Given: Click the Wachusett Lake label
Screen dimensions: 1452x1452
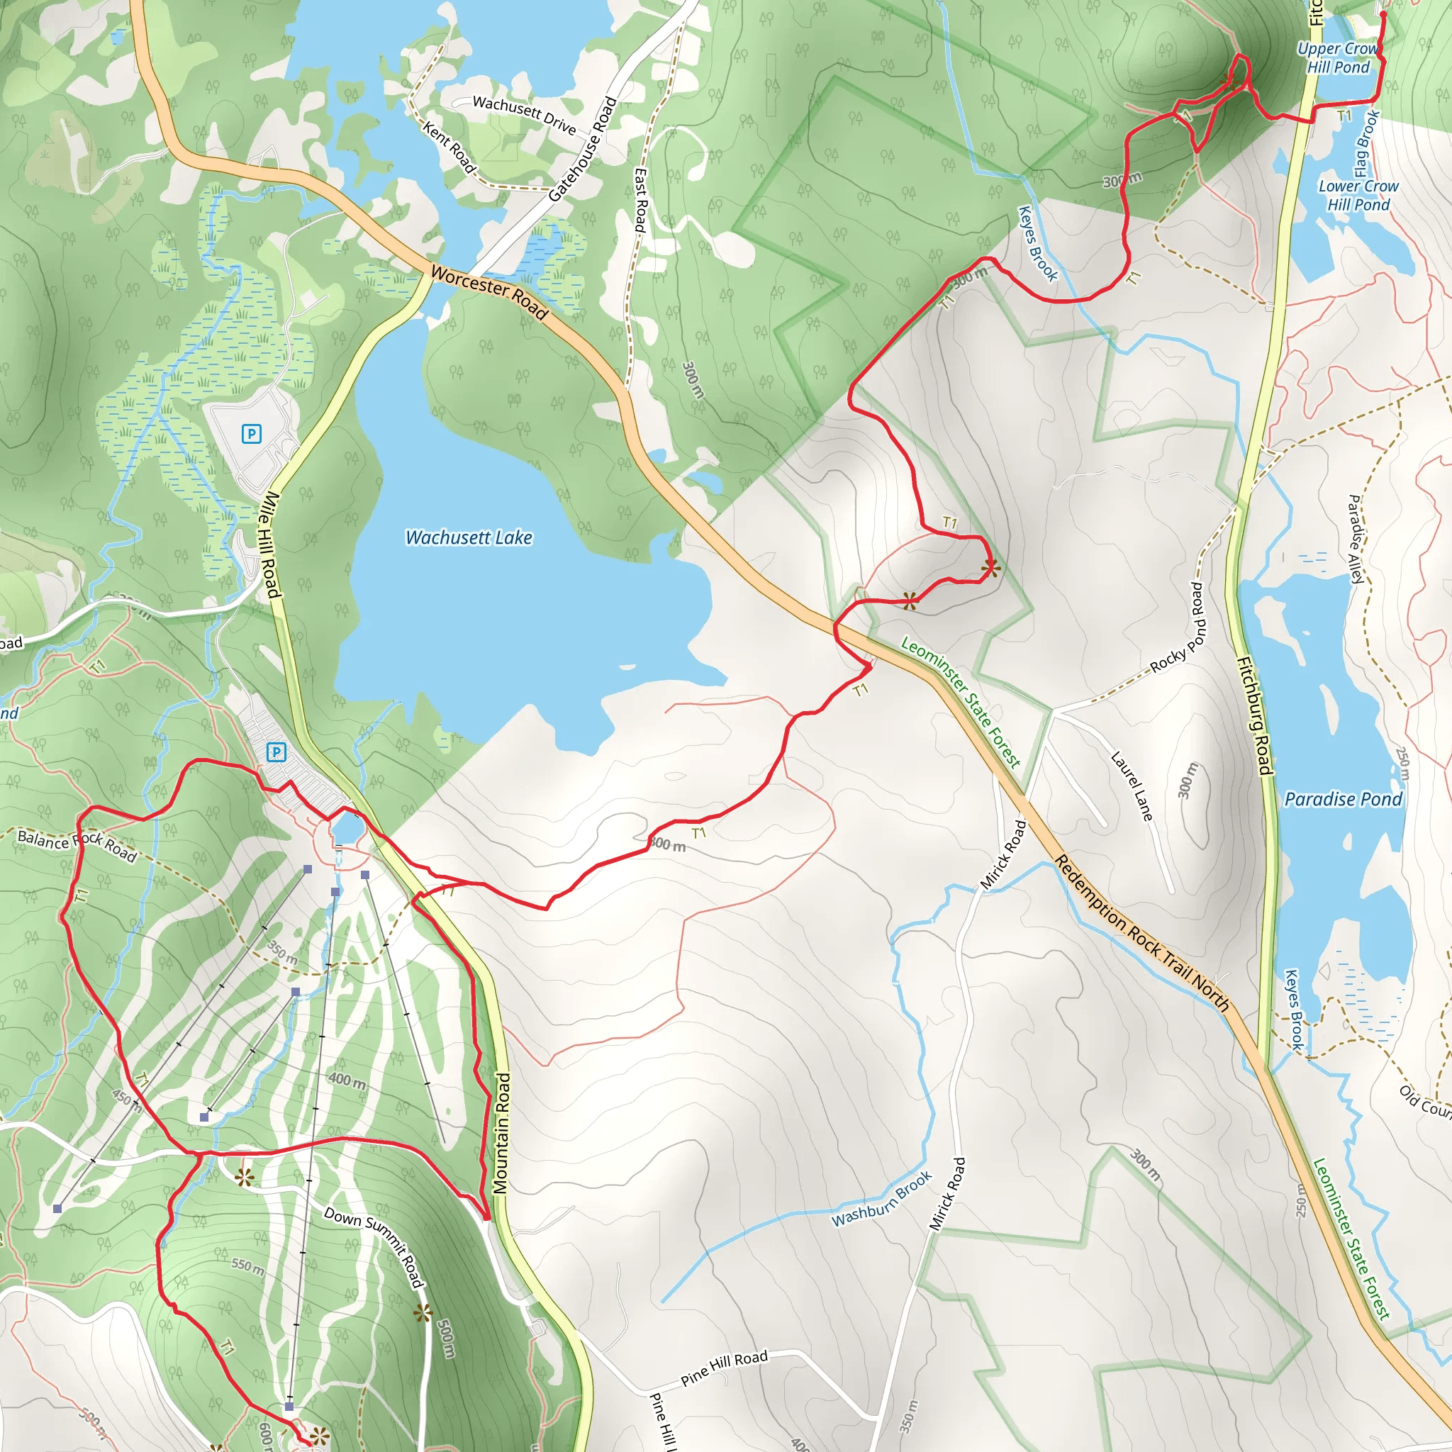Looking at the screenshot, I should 468,537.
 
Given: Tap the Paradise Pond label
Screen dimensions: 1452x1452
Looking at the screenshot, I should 1343,799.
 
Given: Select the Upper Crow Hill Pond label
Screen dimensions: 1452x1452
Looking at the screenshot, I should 1339,58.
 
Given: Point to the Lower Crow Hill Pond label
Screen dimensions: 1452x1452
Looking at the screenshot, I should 1358,196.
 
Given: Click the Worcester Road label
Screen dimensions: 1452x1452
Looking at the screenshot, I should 489,292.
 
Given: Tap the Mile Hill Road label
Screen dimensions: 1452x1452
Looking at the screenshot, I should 269,545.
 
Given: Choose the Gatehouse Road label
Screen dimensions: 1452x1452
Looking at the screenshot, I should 583,149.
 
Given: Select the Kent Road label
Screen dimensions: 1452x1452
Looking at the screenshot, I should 449,147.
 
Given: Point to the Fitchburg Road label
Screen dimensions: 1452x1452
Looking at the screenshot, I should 1254,715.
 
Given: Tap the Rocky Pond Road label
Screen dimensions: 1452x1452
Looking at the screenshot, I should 1178,627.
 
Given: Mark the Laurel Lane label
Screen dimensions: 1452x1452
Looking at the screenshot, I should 1132,786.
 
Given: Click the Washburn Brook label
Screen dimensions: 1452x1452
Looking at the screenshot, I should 881,1198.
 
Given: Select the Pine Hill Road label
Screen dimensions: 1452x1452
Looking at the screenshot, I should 724,1368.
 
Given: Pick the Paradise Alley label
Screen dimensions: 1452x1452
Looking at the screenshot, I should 1356,539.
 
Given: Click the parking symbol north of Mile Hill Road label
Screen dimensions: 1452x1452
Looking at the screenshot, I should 251,434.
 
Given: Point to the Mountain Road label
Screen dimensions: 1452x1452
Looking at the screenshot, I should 502,1134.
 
